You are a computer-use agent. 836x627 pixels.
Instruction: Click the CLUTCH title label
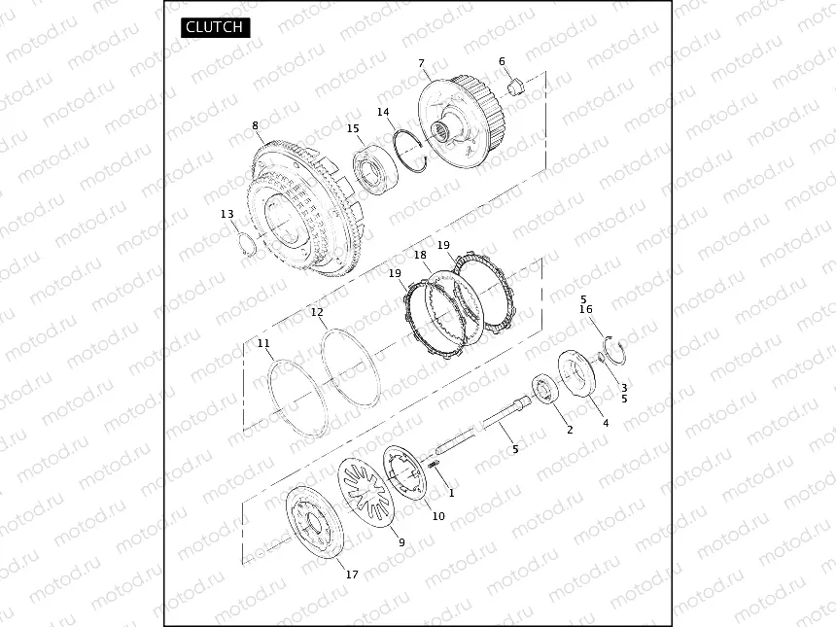215,27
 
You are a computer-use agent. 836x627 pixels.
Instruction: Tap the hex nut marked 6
515,87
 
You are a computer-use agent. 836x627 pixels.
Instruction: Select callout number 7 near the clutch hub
422,63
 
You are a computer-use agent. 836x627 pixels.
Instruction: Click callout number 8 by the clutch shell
256,125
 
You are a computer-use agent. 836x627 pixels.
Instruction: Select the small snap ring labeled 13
247,245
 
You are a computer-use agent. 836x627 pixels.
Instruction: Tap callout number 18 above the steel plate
421,256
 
